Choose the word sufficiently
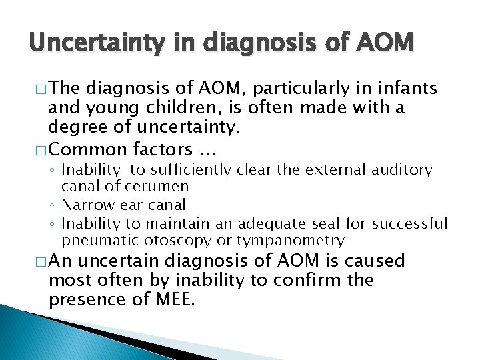pos(191,171)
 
